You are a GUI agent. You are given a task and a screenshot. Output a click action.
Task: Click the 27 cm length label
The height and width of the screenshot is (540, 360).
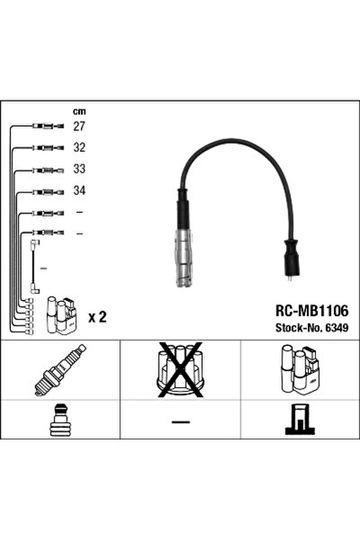click(79, 127)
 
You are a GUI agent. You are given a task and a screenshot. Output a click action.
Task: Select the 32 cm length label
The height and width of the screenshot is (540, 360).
click(79, 147)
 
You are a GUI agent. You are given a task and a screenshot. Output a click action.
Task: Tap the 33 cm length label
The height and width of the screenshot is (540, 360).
click(79, 169)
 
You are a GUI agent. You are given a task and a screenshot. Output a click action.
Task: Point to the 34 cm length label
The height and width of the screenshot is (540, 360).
click(79, 190)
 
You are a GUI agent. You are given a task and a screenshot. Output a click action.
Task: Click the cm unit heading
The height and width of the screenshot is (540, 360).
click(79, 111)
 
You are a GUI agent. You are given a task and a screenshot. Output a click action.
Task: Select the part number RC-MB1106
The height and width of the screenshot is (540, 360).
click(312, 311)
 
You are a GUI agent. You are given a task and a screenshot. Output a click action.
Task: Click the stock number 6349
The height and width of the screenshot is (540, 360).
click(337, 328)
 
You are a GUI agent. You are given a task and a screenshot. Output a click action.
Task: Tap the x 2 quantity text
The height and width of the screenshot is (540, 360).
click(98, 317)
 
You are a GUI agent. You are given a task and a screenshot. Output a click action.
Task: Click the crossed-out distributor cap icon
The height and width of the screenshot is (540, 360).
click(180, 369)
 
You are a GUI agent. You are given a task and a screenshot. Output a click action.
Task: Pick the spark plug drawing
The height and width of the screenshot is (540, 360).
click(60, 370)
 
